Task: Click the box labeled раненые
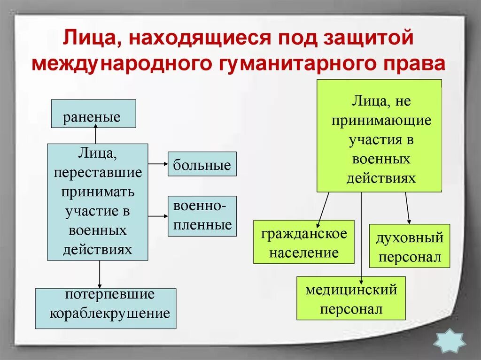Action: coord(93,114)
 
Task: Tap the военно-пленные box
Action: coord(202,216)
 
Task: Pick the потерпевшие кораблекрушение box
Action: coord(106,308)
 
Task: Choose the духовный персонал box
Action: coord(409,246)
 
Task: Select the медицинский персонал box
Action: coord(351,298)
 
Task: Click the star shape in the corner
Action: coord(449,340)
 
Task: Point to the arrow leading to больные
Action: coord(158,164)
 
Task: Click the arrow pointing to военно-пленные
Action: coord(158,216)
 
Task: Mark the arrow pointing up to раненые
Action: coord(96,135)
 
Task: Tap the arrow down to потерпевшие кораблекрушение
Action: coord(100,274)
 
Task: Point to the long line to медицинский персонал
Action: coord(361,235)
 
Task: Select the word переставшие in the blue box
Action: coord(98,172)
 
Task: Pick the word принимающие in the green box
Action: coord(381,120)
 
